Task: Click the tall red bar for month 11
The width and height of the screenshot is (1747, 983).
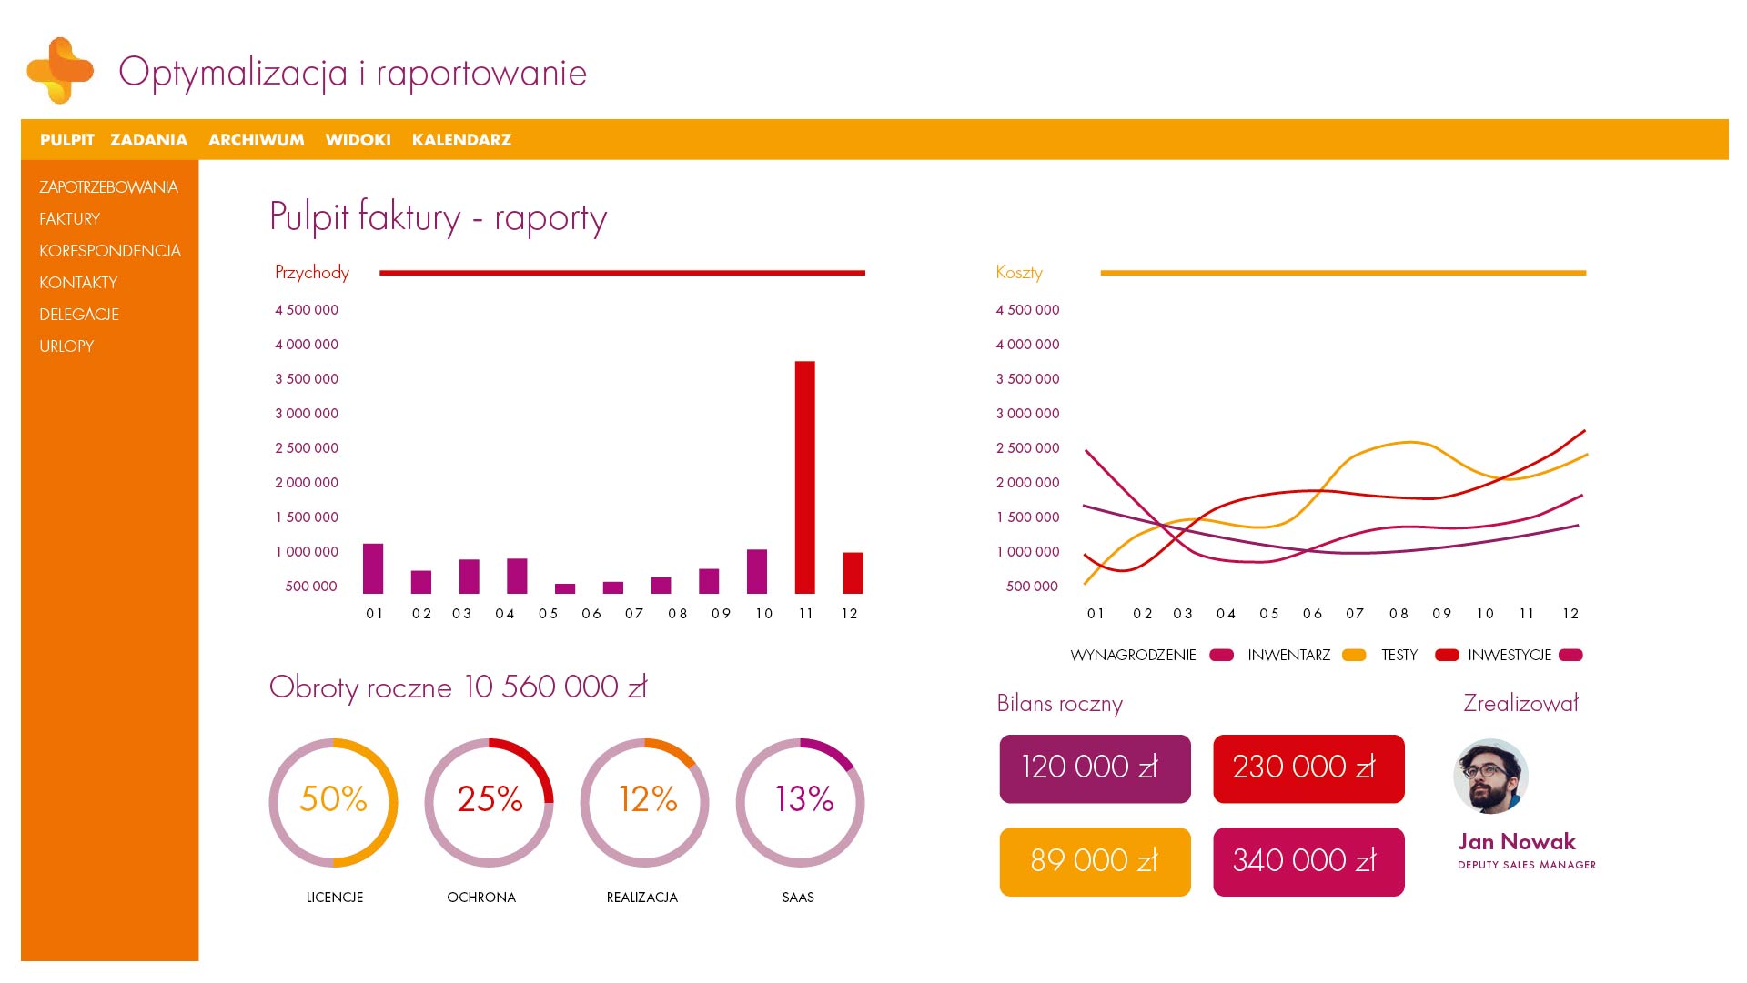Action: point(804,477)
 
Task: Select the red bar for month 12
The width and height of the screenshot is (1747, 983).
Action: point(853,573)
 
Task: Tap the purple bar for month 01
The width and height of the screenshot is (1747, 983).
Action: point(373,568)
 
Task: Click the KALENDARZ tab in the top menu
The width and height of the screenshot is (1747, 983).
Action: point(461,140)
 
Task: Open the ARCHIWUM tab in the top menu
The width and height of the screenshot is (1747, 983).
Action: point(257,140)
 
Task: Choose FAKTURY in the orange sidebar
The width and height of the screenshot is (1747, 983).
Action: point(70,219)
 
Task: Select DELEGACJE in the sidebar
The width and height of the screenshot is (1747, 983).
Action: point(79,315)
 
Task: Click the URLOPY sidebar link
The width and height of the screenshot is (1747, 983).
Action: point(66,346)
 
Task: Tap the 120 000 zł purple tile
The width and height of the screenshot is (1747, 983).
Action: point(1095,768)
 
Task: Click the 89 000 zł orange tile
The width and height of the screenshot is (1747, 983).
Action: point(1095,861)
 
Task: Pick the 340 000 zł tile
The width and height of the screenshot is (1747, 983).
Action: point(1308,861)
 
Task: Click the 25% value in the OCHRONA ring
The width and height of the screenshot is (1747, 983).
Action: point(490,799)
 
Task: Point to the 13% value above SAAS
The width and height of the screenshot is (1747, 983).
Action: point(803,799)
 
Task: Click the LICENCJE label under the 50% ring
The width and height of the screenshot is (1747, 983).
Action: point(335,898)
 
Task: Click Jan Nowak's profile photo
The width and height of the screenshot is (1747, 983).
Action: point(1490,776)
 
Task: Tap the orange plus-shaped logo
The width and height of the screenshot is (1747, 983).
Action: point(60,70)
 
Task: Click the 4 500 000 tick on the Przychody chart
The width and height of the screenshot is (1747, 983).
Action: point(307,310)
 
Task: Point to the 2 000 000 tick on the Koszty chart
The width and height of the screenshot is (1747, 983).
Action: point(1027,483)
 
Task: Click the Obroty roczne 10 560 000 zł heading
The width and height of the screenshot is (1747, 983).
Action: point(458,687)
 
